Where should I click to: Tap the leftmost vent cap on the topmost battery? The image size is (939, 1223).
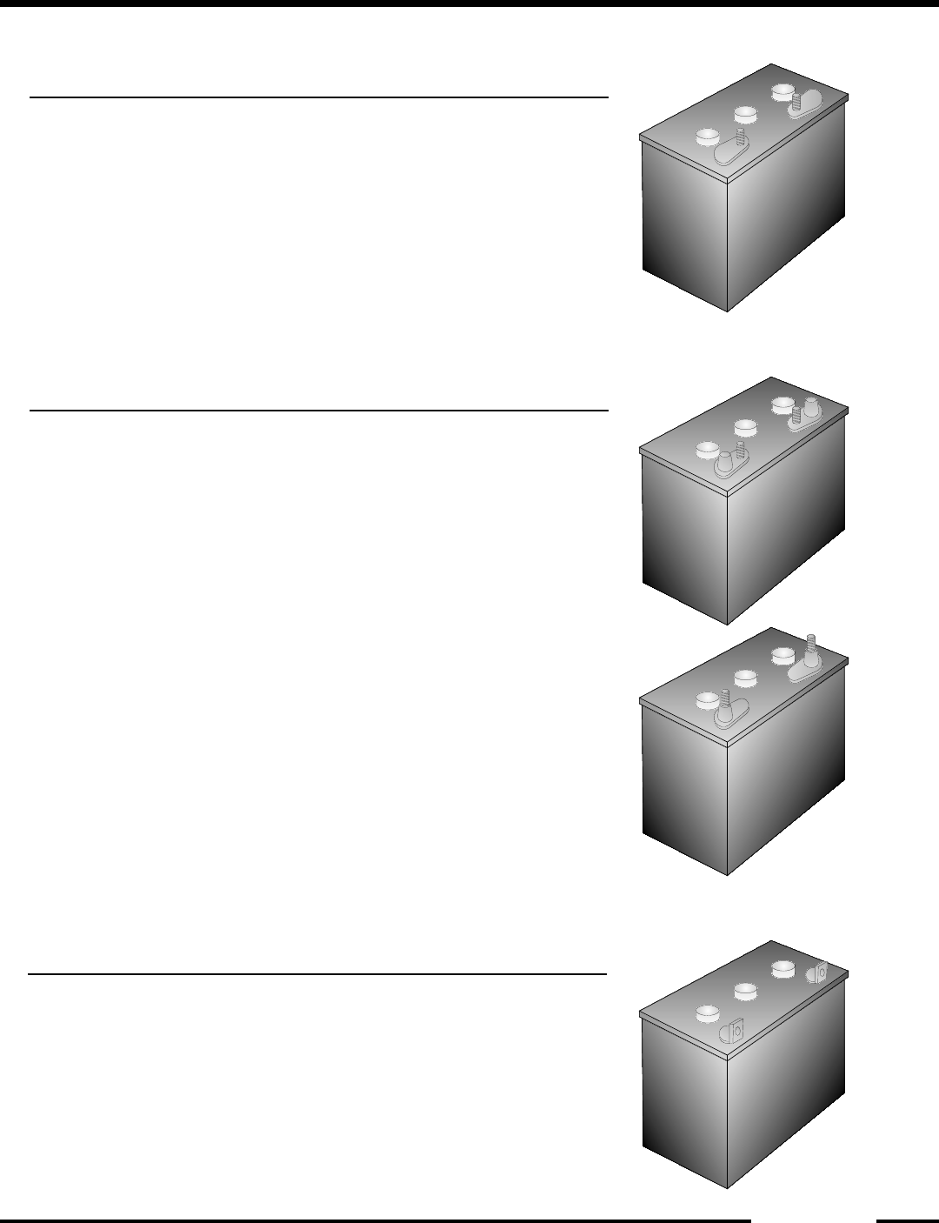tap(707, 137)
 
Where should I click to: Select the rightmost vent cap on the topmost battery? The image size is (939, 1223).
tap(781, 91)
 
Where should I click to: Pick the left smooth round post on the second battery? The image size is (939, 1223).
tap(723, 458)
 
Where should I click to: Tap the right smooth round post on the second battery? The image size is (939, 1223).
tap(811, 405)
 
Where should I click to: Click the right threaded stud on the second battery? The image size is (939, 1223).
tap(795, 417)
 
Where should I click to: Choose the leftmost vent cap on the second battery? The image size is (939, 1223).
tap(707, 450)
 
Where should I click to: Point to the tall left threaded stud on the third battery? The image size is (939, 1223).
tap(723, 701)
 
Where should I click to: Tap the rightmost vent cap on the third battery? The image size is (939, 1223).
tap(781, 655)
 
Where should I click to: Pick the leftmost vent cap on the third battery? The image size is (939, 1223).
tap(707, 700)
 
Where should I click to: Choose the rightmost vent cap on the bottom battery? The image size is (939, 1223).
tap(781, 968)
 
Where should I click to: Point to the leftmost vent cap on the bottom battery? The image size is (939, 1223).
tap(707, 1013)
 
